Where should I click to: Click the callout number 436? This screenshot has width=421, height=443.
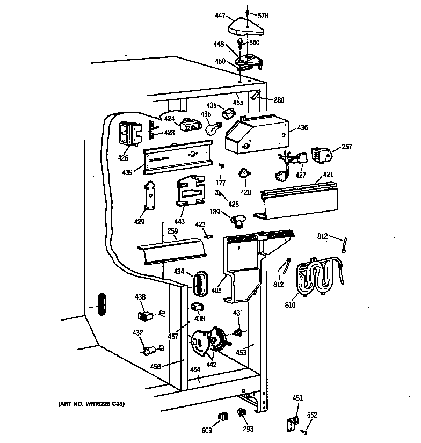pyautogui.click(x=302, y=127)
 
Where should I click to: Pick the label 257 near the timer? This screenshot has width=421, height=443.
pyautogui.click(x=347, y=146)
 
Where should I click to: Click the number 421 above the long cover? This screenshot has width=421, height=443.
pyautogui.click(x=328, y=175)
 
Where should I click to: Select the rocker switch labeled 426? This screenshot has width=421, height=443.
pyautogui.click(x=127, y=135)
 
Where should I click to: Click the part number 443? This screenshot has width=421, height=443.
pyautogui.click(x=179, y=221)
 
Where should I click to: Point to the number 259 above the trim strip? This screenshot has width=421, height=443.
pyautogui.click(x=172, y=231)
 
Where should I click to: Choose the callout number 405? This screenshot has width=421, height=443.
pyautogui.click(x=216, y=291)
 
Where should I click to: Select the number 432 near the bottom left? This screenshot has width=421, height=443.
pyautogui.click(x=137, y=333)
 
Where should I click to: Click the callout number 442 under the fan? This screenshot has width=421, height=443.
pyautogui.click(x=212, y=365)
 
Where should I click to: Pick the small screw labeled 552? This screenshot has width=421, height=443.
pyautogui.click(x=304, y=432)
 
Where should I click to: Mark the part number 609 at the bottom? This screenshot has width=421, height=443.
pyautogui.click(x=207, y=430)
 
